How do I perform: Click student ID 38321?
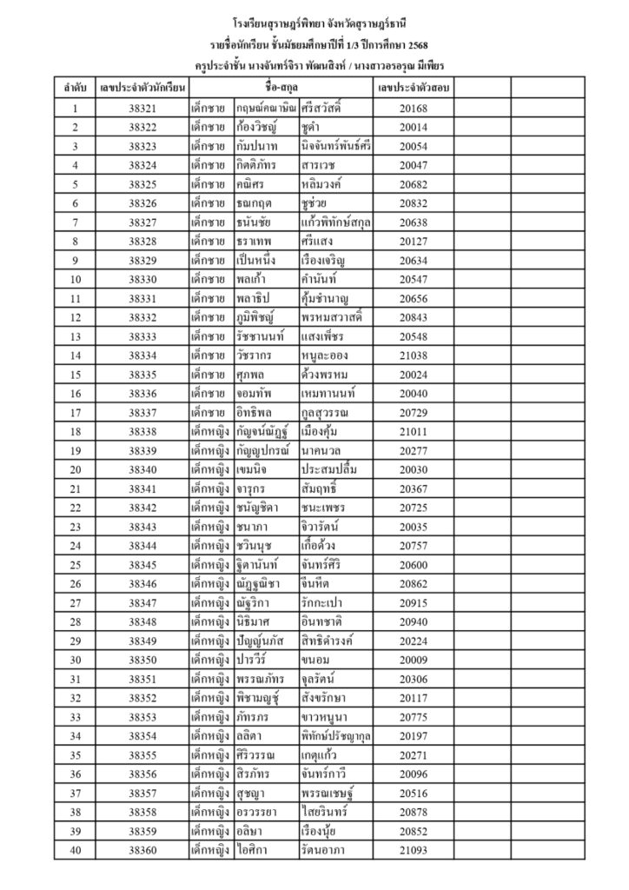click(x=141, y=109)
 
